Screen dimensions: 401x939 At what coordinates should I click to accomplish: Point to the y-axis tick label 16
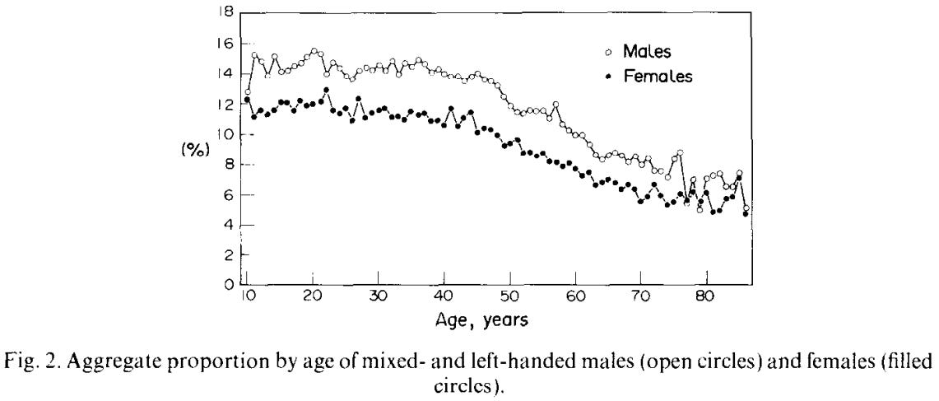point(225,43)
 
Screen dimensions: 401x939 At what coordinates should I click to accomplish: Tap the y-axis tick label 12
point(225,105)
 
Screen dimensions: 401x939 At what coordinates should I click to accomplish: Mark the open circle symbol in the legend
point(608,52)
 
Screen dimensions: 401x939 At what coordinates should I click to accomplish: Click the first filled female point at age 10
point(247,100)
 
